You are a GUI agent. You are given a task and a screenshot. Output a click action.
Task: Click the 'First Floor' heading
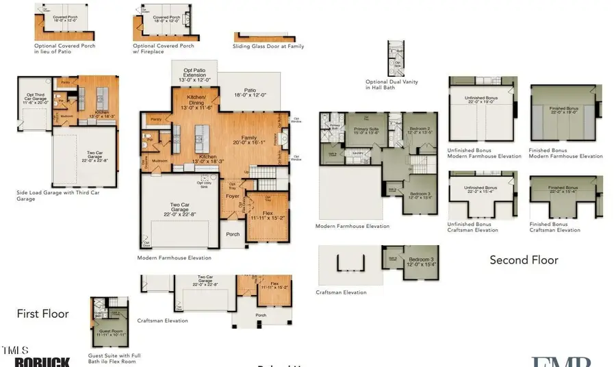42,314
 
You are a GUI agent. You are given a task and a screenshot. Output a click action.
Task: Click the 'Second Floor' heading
524,260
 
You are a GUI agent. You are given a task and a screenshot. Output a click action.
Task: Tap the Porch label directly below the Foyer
233,233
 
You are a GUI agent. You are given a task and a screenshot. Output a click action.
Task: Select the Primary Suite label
365,131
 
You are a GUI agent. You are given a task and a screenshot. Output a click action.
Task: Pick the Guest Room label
105,333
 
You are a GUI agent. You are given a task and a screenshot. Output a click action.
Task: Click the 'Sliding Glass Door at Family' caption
268,47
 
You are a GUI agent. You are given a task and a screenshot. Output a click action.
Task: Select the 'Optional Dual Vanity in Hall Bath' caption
392,84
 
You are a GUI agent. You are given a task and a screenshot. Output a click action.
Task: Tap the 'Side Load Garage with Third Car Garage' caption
58,196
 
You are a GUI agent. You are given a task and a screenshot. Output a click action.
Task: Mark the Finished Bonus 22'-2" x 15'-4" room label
565,189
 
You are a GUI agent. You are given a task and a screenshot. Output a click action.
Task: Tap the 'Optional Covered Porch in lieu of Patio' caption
65,48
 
